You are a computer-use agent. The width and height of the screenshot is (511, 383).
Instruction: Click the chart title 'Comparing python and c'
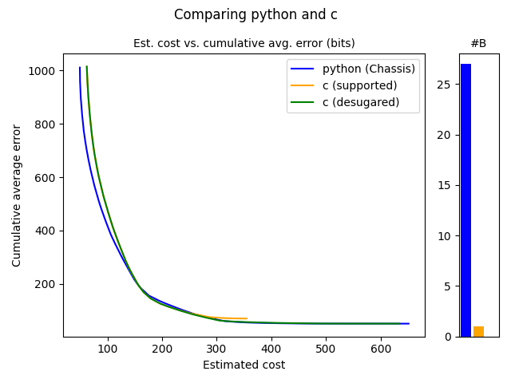coord(255,14)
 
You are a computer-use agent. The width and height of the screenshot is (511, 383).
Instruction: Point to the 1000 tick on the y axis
coord(44,71)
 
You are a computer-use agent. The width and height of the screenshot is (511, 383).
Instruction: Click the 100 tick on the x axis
coord(108,349)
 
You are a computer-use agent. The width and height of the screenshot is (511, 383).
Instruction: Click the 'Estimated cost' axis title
coord(244,365)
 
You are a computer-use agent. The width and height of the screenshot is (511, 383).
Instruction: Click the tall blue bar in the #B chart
coord(465,199)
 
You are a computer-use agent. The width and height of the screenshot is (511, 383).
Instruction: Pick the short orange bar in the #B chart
coord(478,331)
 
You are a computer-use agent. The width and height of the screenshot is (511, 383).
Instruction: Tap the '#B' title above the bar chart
coord(478,43)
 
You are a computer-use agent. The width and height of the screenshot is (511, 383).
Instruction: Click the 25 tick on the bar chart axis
coord(449,85)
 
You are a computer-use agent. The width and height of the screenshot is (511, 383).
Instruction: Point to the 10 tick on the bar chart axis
coord(449,236)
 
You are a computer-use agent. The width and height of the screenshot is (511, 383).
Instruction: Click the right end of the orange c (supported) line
coord(247,318)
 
